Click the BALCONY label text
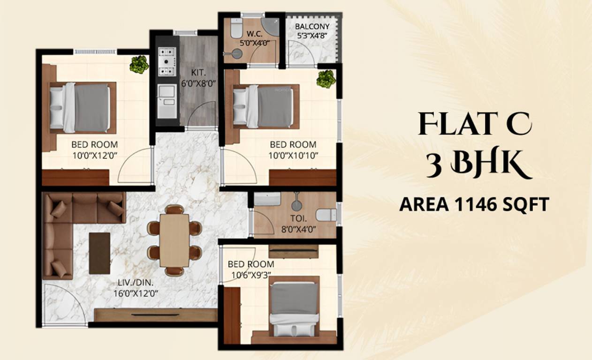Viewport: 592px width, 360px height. click(x=312, y=26)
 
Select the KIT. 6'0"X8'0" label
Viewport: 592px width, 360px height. click(x=198, y=77)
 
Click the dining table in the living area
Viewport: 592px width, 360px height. click(x=174, y=240)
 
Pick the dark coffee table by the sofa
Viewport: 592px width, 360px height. click(x=99, y=253)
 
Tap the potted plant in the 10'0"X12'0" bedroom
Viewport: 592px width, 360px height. click(x=139, y=65)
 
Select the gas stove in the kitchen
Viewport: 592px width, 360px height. click(x=167, y=61)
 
